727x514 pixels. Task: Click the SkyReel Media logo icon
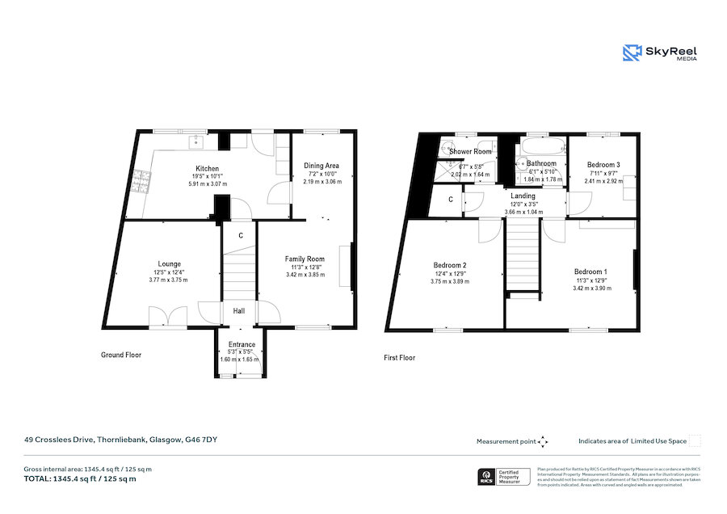tap(632, 53)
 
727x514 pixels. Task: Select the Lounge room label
tap(169, 263)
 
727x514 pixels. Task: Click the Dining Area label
tap(321, 166)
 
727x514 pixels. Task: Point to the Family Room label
tap(305, 259)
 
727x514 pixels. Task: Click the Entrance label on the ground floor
tap(242, 344)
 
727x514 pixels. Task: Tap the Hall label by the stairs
tap(240, 310)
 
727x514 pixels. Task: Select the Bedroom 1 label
tap(590, 272)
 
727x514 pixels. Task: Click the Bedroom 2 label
tap(450, 265)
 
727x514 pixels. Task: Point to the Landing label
tap(523, 196)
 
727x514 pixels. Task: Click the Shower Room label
tap(471, 152)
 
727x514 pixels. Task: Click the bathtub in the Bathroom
tap(543, 147)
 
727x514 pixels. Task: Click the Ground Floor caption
tap(121, 355)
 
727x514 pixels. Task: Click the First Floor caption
tap(399, 357)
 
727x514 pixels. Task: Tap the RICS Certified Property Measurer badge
tap(505, 477)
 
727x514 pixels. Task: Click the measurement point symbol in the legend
tap(543, 441)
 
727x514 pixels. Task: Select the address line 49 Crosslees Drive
tap(120, 440)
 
